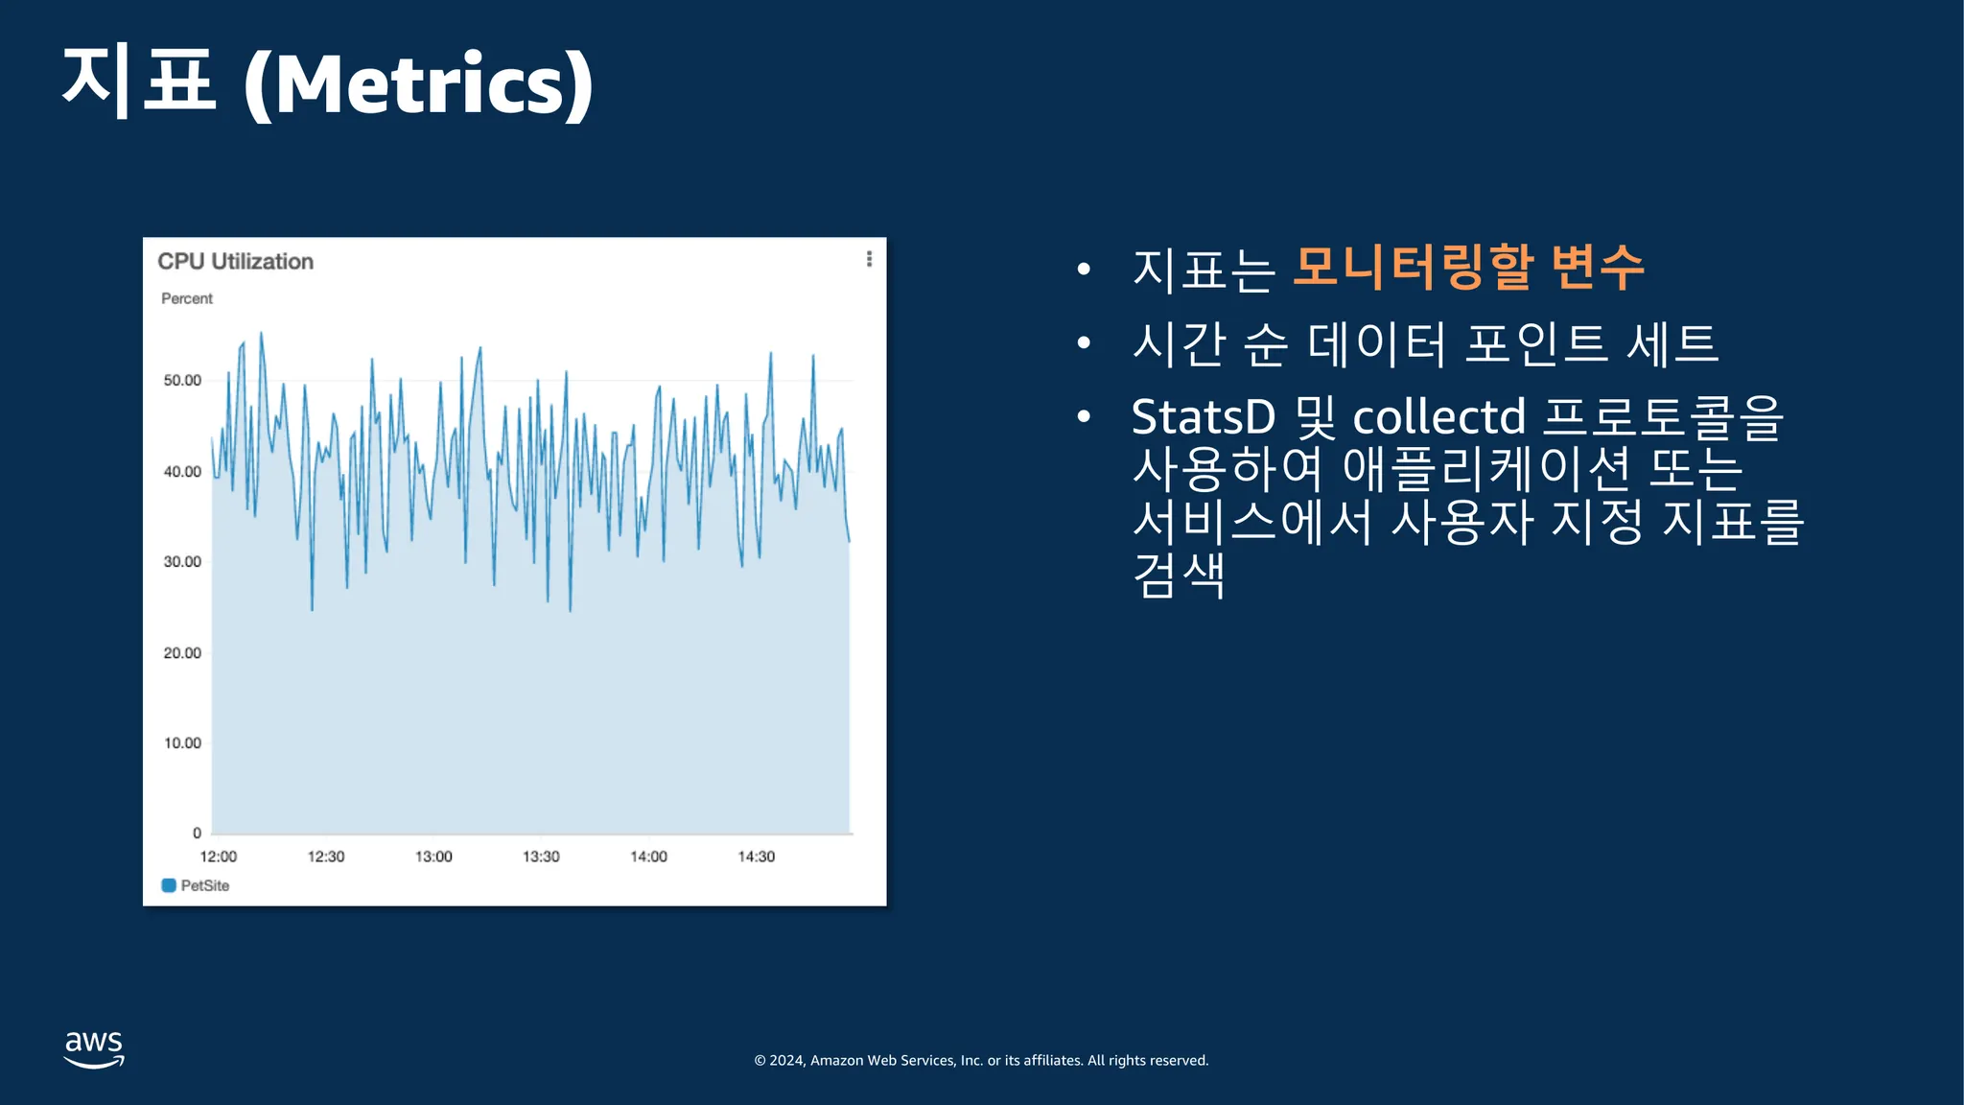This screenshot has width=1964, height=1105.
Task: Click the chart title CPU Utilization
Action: pyautogui.click(x=235, y=261)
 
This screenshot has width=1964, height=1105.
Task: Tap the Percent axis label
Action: pyautogui.click(x=187, y=298)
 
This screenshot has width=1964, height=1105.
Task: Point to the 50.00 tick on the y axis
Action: pyautogui.click(x=182, y=381)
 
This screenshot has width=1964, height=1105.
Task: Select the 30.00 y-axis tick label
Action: pyautogui.click(x=182, y=562)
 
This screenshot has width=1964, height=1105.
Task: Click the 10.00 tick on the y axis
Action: pyautogui.click(x=182, y=743)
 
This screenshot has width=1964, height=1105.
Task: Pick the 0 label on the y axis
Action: pyautogui.click(x=197, y=834)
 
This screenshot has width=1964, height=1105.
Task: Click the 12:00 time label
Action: pyautogui.click(x=219, y=857)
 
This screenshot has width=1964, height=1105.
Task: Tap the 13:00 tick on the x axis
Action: pyautogui.click(x=433, y=857)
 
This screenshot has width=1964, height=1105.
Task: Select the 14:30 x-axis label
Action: pyautogui.click(x=757, y=857)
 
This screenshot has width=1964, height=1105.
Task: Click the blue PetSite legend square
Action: pyautogui.click(x=169, y=885)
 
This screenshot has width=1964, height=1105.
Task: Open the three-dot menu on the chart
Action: pyautogui.click(x=869, y=259)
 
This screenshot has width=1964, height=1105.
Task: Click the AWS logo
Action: pyautogui.click(x=94, y=1049)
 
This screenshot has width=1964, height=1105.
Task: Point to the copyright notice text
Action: pyautogui.click(x=981, y=1060)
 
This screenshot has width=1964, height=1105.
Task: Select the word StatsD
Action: pyautogui.click(x=1204, y=417)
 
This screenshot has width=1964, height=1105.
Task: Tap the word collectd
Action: pyautogui.click(x=1438, y=417)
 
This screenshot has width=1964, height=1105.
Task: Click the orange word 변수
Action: pyautogui.click(x=1598, y=267)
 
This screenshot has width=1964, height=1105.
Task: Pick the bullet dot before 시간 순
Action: pyautogui.click(x=1084, y=342)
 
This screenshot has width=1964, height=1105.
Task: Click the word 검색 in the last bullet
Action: pyautogui.click(x=1179, y=575)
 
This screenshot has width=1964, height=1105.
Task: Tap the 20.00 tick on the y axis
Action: pyautogui.click(x=182, y=653)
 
